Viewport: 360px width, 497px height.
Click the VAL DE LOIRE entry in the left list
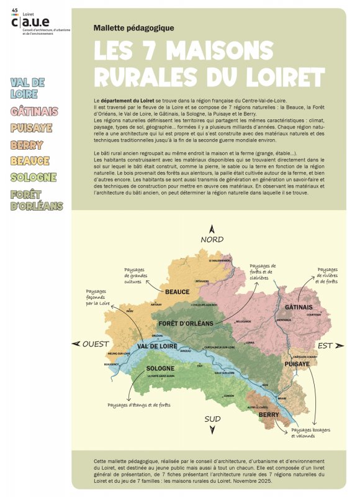[x=27, y=88]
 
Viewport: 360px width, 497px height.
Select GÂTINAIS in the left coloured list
[x=35, y=112]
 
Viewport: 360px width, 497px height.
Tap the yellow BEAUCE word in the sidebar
[x=30, y=161]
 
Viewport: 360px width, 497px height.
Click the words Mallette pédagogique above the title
[x=133, y=28]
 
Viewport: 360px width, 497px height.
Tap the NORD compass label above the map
[x=212, y=239]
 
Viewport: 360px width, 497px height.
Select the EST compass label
[x=325, y=345]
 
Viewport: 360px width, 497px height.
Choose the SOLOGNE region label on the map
[x=160, y=368]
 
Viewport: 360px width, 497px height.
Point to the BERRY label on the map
[x=269, y=414]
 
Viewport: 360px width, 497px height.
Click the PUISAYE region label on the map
[x=297, y=364]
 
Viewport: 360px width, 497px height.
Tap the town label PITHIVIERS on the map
[x=202, y=281]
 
